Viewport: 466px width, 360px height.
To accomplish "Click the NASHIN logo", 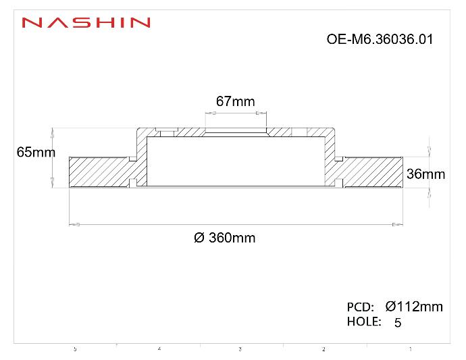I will (86, 22).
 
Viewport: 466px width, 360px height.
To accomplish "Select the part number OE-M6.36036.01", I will (379, 39).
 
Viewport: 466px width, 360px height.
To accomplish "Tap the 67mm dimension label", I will (235, 101).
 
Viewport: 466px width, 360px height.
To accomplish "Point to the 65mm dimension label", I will (36, 153).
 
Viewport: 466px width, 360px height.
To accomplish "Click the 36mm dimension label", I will (425, 174).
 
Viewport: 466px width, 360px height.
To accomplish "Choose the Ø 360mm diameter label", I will (225, 238).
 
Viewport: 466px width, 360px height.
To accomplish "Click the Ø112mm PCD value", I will (413, 307).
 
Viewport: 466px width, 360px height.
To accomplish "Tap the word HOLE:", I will (365, 322).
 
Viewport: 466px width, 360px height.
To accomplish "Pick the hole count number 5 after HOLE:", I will (397, 323).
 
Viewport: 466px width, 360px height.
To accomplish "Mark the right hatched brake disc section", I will (371, 172).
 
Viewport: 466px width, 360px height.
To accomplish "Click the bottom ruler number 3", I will (240, 349).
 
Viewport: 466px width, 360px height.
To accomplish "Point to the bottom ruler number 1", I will (410, 349).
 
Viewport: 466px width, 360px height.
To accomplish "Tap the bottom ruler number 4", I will (159, 349).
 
